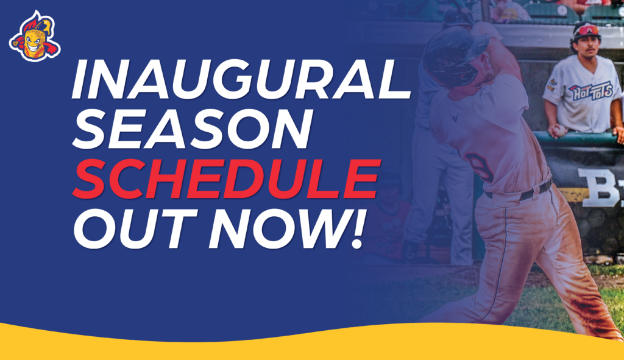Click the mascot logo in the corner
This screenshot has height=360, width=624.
[x=35, y=36]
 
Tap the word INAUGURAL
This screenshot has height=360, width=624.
[x=241, y=79]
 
